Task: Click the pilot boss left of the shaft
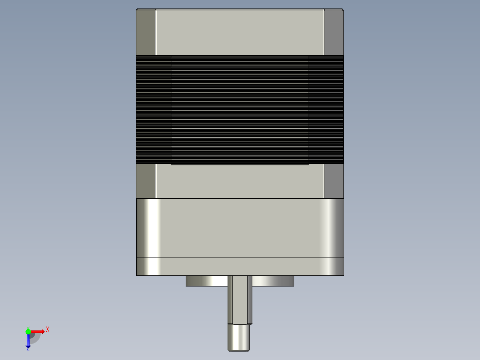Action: [x=207, y=281]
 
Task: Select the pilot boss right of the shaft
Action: [x=273, y=281]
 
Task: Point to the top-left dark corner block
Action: [x=146, y=32]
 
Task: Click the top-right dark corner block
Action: [x=334, y=32]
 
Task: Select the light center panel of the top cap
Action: [x=240, y=32]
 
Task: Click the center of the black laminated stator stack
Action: [x=240, y=110]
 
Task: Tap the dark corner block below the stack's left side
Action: [x=146, y=181]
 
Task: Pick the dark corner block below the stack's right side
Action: [x=334, y=181]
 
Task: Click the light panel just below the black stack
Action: [x=240, y=181]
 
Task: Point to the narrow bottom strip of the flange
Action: [x=240, y=266]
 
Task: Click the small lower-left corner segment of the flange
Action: [x=148, y=266]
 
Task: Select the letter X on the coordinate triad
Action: [x=47, y=330]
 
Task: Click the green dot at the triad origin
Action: [x=28, y=331]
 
